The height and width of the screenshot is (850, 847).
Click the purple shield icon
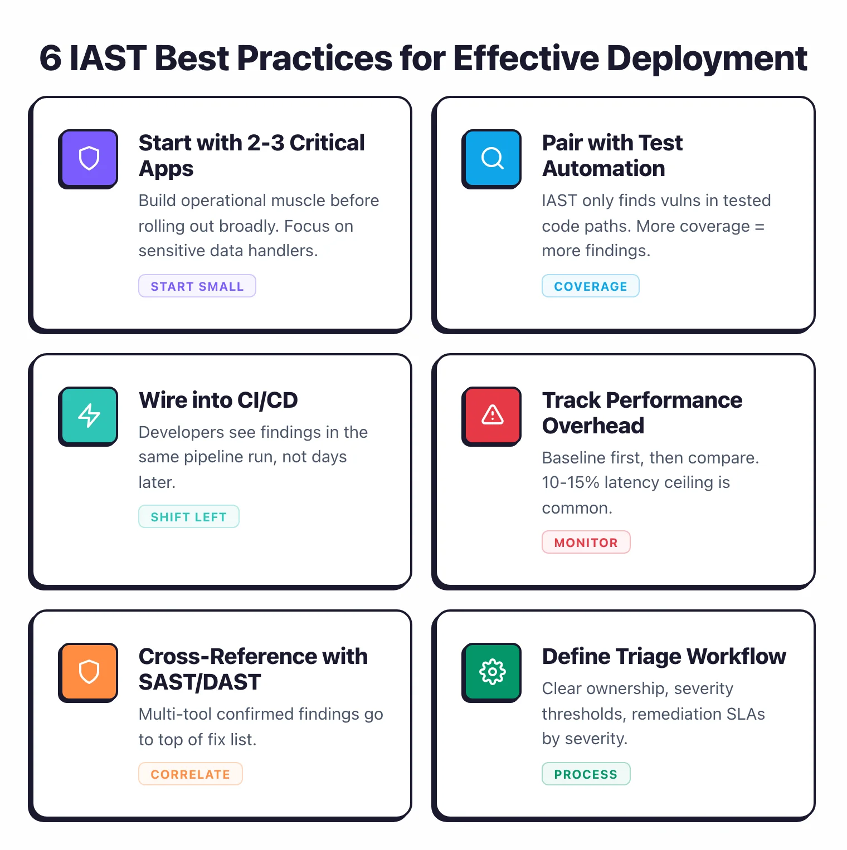89,159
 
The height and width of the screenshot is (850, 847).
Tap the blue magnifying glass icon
492,159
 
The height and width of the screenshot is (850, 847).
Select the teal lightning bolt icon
89,416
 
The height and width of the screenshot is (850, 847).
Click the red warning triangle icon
492,416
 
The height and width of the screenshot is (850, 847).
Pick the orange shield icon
89,672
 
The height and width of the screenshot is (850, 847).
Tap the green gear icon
492,672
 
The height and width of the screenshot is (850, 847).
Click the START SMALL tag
197,286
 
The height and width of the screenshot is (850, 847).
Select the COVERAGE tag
590,286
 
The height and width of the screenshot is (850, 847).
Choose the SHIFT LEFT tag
188,517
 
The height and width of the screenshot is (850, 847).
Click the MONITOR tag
586,543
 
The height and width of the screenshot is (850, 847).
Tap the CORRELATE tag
190,774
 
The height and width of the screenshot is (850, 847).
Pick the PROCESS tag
586,774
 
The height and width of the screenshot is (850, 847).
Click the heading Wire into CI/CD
218,400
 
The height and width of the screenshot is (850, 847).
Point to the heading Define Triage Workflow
664,657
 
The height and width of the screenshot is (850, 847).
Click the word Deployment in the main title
707,58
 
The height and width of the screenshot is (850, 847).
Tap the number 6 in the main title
50,58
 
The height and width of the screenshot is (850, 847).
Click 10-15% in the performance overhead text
570,482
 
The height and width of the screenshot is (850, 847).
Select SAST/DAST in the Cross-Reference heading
199,682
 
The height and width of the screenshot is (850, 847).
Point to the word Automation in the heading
603,169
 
